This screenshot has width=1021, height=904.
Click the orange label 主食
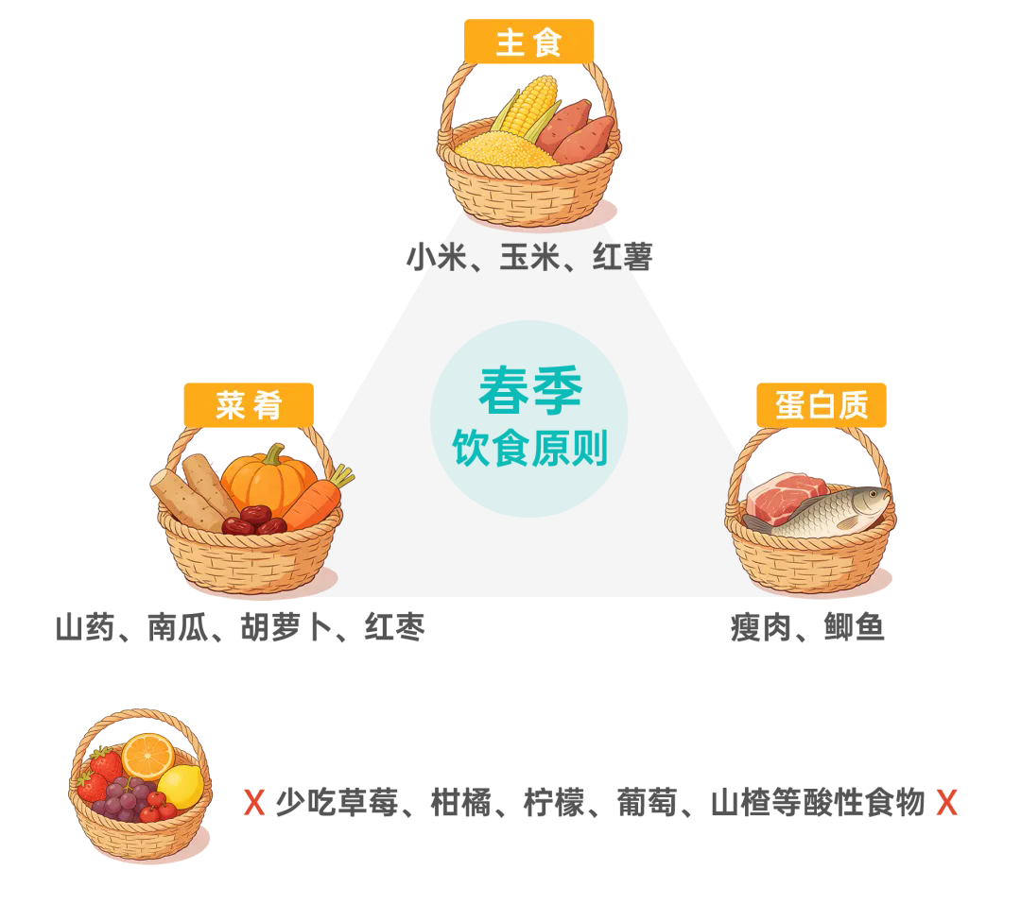pyautogui.click(x=528, y=43)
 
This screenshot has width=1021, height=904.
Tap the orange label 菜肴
pyautogui.click(x=249, y=405)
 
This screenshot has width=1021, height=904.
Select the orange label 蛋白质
pyautogui.click(x=822, y=405)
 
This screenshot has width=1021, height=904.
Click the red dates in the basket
pyautogui.click(x=253, y=520)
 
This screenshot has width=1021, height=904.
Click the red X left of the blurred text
pyautogui.click(x=253, y=802)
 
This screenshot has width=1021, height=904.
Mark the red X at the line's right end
pyautogui.click(x=946, y=802)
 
